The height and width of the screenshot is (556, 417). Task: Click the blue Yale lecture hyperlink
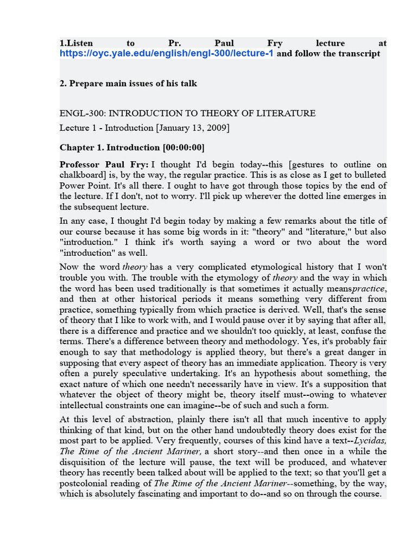(167, 54)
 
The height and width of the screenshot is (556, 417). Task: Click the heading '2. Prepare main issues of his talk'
(128, 84)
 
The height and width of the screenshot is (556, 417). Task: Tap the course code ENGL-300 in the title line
(79, 113)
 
